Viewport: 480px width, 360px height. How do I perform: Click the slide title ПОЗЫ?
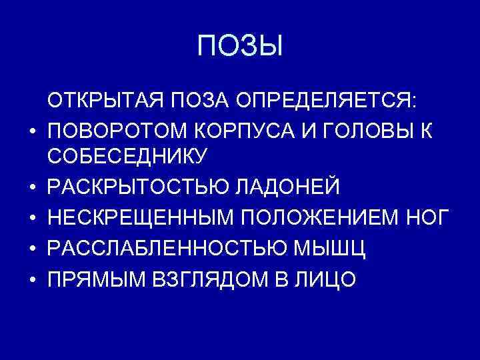pos(240,47)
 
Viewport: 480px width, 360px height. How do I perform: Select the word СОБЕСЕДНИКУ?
pos(127,156)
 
